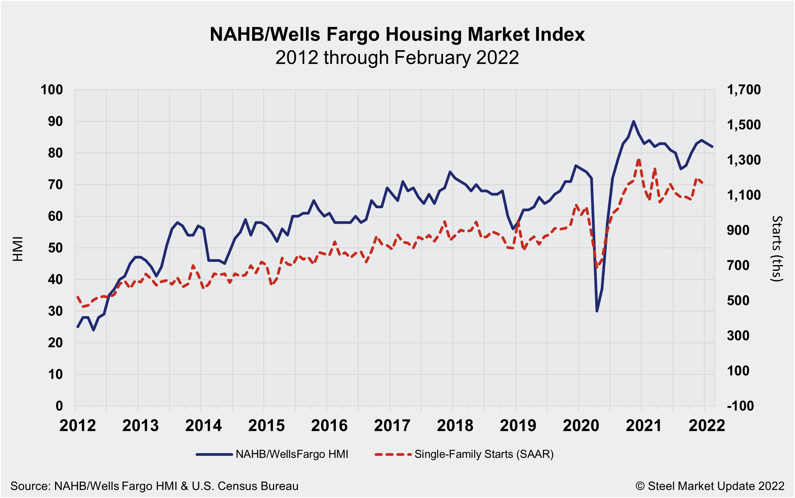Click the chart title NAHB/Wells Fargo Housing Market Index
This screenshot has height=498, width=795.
[x=397, y=34]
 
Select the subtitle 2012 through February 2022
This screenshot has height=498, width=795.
[x=397, y=58]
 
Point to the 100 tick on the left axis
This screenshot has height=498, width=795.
[x=52, y=90]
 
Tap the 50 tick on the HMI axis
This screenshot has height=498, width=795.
[x=55, y=248]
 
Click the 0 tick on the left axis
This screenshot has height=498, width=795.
[x=59, y=406]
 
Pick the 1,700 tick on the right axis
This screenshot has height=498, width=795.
[x=743, y=90]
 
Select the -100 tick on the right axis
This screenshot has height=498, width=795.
[x=740, y=406]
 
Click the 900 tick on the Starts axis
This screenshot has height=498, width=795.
[x=738, y=230]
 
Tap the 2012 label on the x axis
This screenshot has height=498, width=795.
[x=78, y=425]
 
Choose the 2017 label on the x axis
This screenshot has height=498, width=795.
[x=392, y=425]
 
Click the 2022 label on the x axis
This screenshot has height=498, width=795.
[x=707, y=425]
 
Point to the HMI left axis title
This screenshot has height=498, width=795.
[x=18, y=249]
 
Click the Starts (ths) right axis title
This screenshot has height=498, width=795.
[x=777, y=249]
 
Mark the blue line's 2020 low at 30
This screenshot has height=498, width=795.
[x=597, y=311]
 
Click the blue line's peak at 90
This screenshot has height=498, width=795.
[x=633, y=121]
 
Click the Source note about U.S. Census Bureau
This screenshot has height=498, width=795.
[x=154, y=486]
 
